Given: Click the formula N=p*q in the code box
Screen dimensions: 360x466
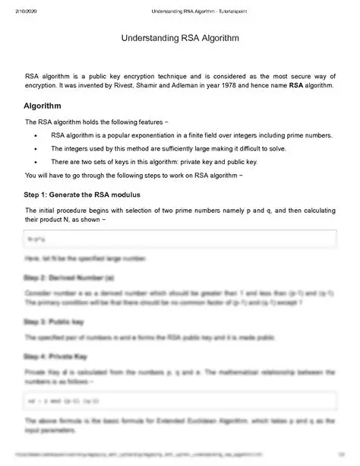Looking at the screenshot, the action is pyautogui.click(x=35, y=239).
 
